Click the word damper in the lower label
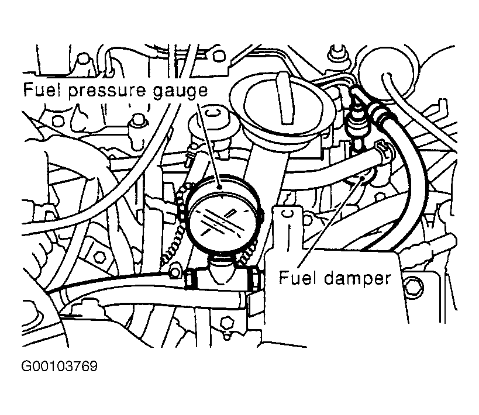[357, 279]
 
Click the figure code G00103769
[60, 366]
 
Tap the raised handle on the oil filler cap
[285, 98]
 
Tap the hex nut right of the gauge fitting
[255, 278]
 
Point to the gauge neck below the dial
[222, 267]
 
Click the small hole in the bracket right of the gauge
[286, 213]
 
